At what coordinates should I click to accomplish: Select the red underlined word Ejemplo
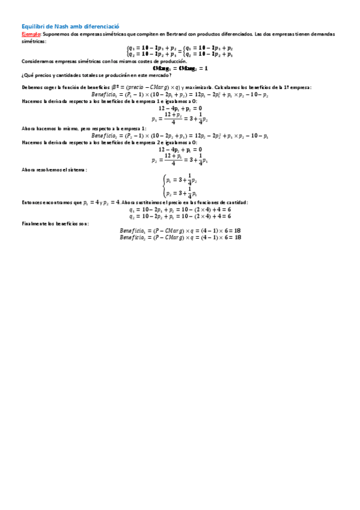pyautogui.click(x=31, y=34)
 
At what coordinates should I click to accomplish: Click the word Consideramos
pyautogui.click(x=38, y=62)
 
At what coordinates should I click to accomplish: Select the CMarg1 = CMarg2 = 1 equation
pyautogui.click(x=180, y=69)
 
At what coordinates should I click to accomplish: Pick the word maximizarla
pyautogui.click(x=197, y=88)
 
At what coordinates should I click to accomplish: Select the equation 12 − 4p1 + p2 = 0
pyautogui.click(x=180, y=108)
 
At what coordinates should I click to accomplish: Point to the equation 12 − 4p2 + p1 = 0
pyautogui.click(x=180, y=149)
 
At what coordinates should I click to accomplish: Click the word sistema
pyautogui.click(x=76, y=170)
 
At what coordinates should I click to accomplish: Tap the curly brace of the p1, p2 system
pyautogui.click(x=164, y=186)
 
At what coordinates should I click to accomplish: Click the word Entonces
pyautogui.click(x=35, y=203)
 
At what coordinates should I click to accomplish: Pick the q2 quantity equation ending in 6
pyautogui.click(x=180, y=216)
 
